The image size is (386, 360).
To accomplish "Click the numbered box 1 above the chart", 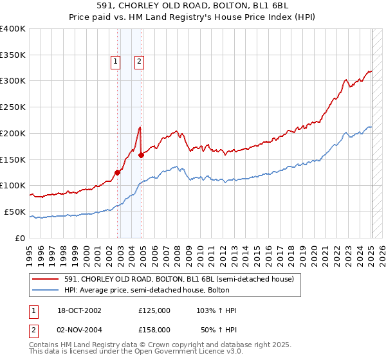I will [x=115, y=62].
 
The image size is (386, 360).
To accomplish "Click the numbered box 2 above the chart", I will [x=139, y=62].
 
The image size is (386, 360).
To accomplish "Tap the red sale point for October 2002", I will [x=118, y=172].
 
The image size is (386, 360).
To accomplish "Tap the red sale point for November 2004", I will [x=141, y=154].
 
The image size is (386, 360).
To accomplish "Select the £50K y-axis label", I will [x=15, y=212].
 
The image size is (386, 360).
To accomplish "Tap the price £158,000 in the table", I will [x=154, y=329].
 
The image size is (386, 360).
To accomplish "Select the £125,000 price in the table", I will [x=154, y=310].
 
